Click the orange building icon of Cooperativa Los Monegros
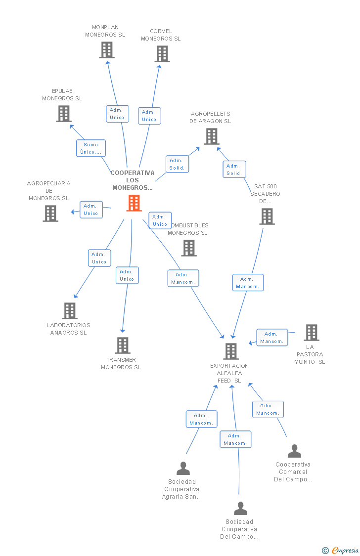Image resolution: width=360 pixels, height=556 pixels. click(134, 203)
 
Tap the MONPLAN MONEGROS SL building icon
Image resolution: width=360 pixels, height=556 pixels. click(107, 50)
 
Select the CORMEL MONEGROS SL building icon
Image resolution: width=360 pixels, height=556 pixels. click(162, 54)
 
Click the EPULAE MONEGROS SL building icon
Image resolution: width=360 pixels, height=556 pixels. click(64, 114)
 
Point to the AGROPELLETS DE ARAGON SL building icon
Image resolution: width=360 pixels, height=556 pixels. click(212, 136)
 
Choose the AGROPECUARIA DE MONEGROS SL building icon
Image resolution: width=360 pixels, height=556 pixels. click(50, 214)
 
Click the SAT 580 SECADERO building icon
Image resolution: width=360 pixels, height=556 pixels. click(267, 216)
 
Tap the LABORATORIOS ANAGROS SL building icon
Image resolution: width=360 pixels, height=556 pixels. click(70, 311)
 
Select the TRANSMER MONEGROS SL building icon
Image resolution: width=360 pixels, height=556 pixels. click(123, 345)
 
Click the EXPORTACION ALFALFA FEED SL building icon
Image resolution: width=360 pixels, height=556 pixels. click(231, 351)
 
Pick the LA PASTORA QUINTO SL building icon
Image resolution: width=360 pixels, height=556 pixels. click(312, 333)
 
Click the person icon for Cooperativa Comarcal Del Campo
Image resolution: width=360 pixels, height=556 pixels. click(294, 451)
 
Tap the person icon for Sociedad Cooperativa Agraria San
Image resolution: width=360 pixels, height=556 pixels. click(183, 468)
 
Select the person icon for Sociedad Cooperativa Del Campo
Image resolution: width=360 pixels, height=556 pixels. click(240, 509)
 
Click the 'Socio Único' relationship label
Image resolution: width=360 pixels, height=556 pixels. click(91, 148)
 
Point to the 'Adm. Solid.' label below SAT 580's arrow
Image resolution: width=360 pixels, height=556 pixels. click(234, 170)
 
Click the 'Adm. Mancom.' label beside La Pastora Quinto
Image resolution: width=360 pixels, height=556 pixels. click(272, 338)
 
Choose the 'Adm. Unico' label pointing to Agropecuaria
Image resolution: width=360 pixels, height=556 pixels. click(91, 210)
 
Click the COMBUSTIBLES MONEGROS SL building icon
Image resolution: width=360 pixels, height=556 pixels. click(189, 248)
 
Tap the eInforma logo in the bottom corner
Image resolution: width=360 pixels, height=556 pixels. click(341, 551)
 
